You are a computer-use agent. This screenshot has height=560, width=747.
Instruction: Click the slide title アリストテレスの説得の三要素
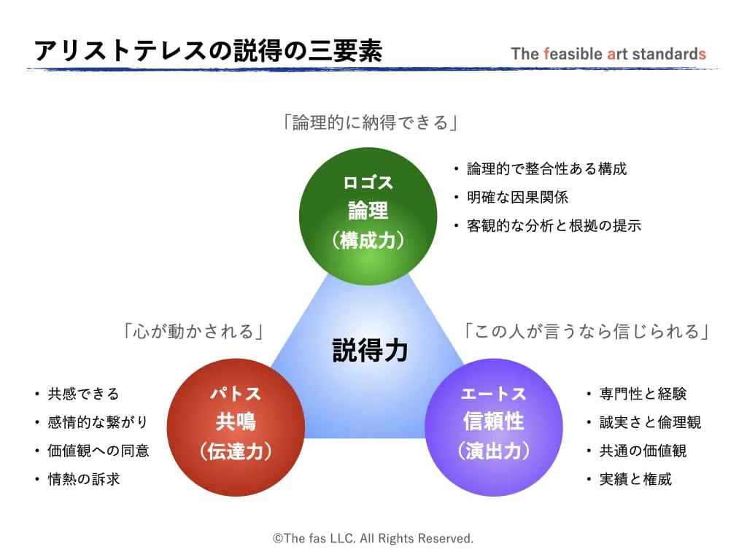coord(208,52)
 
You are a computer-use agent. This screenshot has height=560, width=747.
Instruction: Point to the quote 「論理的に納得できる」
coord(370,122)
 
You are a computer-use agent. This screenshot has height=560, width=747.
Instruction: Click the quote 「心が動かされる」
coord(193,332)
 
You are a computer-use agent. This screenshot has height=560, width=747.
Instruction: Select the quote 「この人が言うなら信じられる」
coord(587,332)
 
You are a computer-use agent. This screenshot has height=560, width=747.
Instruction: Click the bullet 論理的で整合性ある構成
coord(546,169)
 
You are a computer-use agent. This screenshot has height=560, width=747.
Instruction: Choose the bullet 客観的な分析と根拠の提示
coord(554,226)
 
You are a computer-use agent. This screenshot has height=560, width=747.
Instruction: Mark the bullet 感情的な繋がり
coord(98,422)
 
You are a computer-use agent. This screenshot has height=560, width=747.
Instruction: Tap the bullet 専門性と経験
coord(642,394)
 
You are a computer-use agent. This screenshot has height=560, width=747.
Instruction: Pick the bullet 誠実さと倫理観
coord(649,422)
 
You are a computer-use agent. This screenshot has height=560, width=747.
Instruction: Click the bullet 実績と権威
coord(635,479)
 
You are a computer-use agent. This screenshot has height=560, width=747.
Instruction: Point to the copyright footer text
coord(373,538)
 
